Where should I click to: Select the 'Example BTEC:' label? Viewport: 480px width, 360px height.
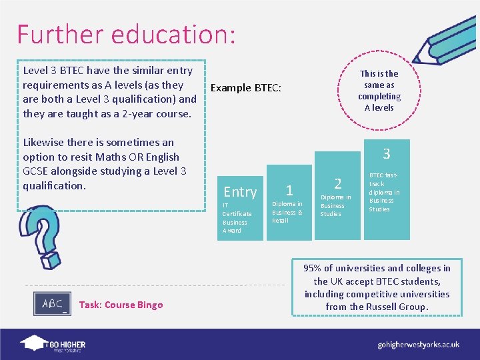[x=246, y=87]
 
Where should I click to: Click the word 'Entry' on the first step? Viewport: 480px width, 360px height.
[x=240, y=192]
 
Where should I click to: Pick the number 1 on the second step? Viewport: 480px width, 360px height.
[x=289, y=191]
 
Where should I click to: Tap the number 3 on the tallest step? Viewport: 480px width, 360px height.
[x=386, y=154]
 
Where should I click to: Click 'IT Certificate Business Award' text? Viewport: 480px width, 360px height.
[x=237, y=218]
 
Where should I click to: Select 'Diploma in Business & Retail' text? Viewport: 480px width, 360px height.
[x=287, y=212]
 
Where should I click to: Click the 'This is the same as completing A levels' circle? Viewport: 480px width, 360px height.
[x=379, y=91]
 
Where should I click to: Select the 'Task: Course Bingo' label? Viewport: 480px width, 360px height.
[x=121, y=305]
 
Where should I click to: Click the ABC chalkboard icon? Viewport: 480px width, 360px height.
[x=52, y=303]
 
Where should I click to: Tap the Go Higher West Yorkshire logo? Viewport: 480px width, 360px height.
[x=53, y=344]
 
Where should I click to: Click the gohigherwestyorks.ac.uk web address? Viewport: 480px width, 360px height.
[x=418, y=345]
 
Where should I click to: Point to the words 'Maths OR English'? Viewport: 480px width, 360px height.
[x=138, y=157]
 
